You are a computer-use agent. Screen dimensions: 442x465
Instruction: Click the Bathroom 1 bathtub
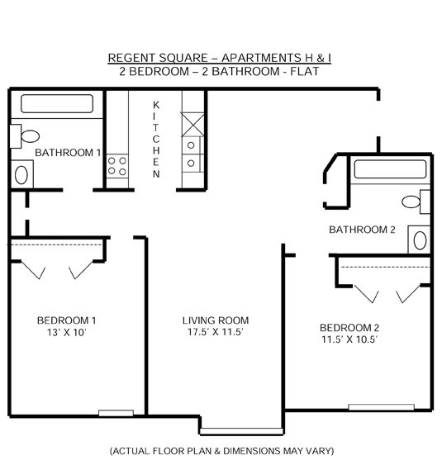coord(57,104)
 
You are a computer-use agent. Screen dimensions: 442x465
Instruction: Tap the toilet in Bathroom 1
coord(25,136)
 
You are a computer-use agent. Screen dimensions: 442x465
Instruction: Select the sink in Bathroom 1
coord(21,174)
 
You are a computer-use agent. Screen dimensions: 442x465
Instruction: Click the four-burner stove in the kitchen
coord(117,166)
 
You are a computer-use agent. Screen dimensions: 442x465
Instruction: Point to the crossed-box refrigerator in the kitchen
coord(192,125)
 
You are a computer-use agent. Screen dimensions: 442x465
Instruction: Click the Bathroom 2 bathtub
coord(390,169)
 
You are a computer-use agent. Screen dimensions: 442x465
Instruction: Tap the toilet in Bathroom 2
coord(416,202)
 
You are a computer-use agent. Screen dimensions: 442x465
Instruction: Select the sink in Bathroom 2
coord(419,240)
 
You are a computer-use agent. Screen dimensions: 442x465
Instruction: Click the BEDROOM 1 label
coord(66,320)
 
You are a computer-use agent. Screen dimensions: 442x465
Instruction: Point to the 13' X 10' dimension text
coord(66,333)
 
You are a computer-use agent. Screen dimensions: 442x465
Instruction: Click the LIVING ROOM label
coord(216,320)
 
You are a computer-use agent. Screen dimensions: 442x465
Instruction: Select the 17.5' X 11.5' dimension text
coord(216,332)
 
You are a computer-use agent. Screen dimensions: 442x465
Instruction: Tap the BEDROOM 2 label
coord(349,328)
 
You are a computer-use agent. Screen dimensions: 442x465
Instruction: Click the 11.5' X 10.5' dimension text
coord(349,339)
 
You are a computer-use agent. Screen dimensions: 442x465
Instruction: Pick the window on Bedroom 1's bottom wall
coord(116,413)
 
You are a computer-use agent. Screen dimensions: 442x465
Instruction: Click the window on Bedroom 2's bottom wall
coord(382,407)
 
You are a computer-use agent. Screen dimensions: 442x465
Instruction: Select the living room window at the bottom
coord(241,431)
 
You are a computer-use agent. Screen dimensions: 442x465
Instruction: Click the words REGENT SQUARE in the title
coord(158,58)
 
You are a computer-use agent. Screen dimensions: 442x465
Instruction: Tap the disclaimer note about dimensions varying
coord(222,451)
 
